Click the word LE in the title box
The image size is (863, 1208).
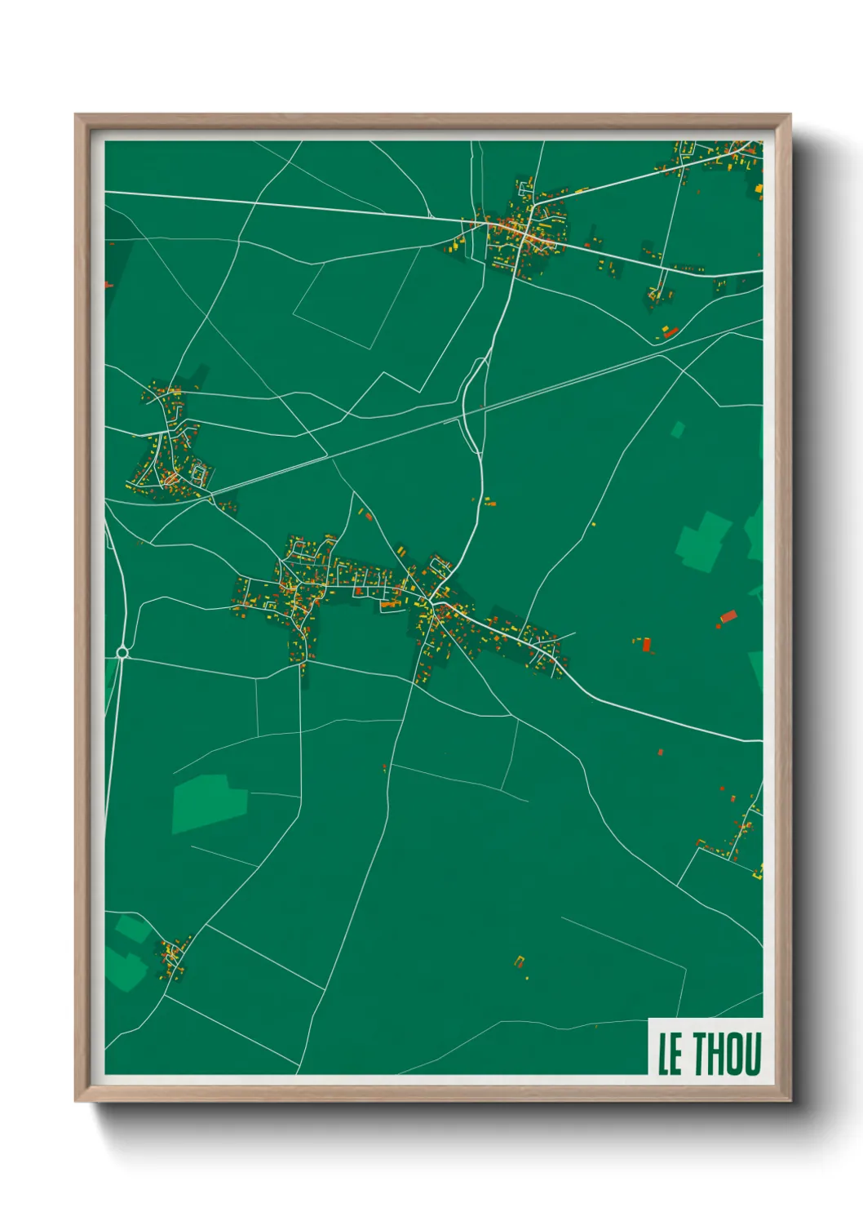[x=670, y=1054]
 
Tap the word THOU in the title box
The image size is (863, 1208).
[x=728, y=1054]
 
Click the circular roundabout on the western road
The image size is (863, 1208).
[x=122, y=652]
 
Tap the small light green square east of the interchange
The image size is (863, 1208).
[x=677, y=429]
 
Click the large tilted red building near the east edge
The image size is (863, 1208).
[x=728, y=616]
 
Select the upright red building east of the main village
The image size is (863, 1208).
[x=647, y=645]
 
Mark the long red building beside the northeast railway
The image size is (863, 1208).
[x=670, y=331]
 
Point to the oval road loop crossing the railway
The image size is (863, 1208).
[x=473, y=404]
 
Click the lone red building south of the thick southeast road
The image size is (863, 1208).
[x=660, y=752]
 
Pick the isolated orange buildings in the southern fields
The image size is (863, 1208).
[x=520, y=963]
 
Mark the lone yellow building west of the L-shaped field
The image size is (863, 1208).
[x=593, y=524]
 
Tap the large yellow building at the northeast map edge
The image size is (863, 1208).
[x=759, y=189]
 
